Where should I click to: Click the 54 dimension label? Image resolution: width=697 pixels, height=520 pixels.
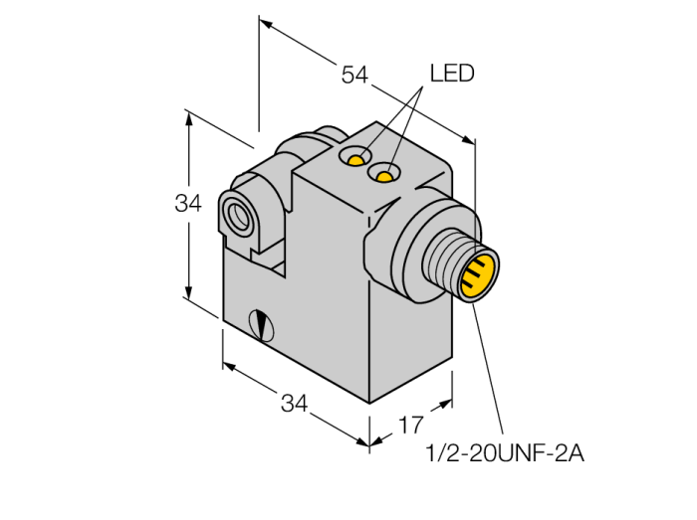[354, 75]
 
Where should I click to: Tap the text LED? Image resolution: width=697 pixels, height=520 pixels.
[452, 74]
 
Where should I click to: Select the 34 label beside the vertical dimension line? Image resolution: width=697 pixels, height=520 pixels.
[188, 204]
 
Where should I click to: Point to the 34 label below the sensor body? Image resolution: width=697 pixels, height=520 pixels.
[295, 404]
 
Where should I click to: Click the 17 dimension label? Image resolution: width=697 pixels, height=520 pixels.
[410, 426]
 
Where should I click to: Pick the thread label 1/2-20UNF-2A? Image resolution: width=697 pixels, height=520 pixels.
[505, 453]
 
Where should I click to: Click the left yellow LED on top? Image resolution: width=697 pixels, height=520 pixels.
[355, 160]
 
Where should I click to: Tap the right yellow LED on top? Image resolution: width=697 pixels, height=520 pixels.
[384, 177]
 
